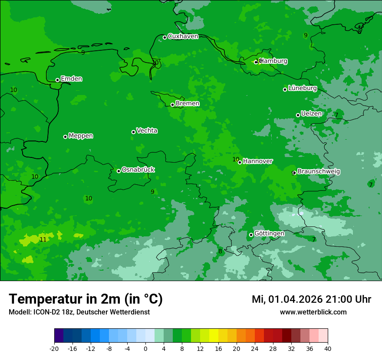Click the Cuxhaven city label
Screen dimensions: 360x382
click(x=183, y=36)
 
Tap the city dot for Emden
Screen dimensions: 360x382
click(x=57, y=80)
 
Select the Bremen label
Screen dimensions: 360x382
click(x=188, y=104)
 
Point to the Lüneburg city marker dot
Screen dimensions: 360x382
click(x=285, y=89)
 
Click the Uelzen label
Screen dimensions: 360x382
click(x=311, y=114)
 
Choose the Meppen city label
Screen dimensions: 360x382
click(x=81, y=136)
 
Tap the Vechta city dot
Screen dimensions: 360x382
click(x=133, y=132)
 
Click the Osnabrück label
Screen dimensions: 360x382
click(x=138, y=170)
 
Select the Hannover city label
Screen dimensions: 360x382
click(x=258, y=161)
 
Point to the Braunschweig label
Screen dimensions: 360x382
click(x=319, y=172)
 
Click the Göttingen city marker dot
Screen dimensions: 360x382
click(x=251, y=235)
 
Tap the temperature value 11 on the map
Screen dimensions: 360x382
click(x=43, y=239)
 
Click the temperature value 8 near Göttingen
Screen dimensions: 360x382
click(x=220, y=251)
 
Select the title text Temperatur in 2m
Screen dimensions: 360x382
click(x=86, y=299)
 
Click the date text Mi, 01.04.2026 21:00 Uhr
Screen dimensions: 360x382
click(x=311, y=299)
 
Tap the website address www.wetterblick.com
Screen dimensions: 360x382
click(x=313, y=312)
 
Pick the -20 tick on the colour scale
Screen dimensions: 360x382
click(x=54, y=349)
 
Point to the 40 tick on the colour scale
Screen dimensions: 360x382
click(x=328, y=349)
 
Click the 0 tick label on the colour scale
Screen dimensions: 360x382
click(x=145, y=349)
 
